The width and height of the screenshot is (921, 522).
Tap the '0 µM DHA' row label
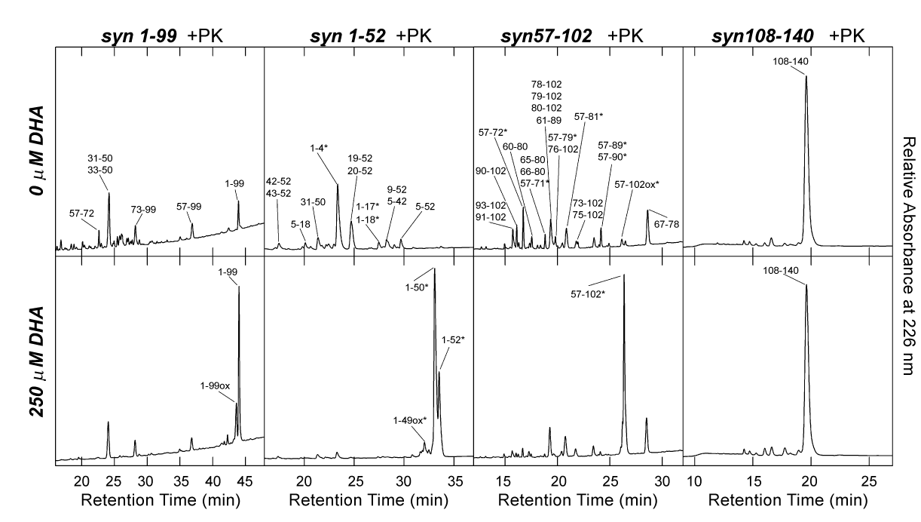tap(35, 152)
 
